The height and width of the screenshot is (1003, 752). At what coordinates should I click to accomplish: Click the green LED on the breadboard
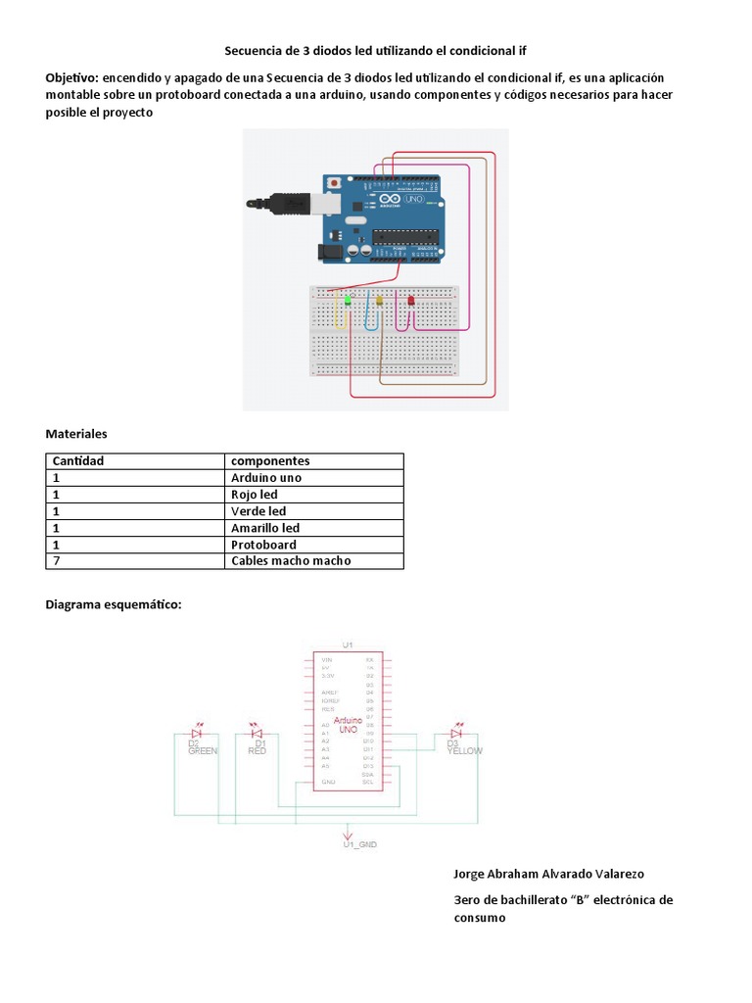click(347, 300)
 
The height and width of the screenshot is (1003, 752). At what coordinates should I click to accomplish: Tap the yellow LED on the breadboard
click(379, 301)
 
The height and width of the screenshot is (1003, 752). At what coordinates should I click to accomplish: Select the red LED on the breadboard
click(410, 300)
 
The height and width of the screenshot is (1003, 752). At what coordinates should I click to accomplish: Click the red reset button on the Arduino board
click(336, 182)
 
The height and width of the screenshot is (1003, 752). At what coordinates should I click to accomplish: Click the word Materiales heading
click(76, 433)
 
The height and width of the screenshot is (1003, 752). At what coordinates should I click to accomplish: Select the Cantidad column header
click(78, 461)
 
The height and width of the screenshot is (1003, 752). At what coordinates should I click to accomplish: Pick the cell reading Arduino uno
click(266, 478)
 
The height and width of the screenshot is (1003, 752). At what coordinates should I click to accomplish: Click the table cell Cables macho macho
click(291, 561)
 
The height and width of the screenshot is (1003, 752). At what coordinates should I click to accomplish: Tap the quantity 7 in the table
click(57, 561)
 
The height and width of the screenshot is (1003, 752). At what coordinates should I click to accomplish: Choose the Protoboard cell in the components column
click(263, 545)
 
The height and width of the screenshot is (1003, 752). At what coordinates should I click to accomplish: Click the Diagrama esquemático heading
click(114, 605)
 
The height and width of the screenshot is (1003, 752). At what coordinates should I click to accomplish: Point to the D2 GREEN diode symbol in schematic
click(197, 733)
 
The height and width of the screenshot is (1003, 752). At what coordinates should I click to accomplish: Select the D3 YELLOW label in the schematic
click(463, 747)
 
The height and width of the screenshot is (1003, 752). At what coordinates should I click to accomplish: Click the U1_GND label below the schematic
click(359, 843)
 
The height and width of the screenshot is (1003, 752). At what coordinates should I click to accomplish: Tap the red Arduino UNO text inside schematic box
click(348, 725)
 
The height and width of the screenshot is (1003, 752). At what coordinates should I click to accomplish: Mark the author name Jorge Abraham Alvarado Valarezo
click(548, 874)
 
